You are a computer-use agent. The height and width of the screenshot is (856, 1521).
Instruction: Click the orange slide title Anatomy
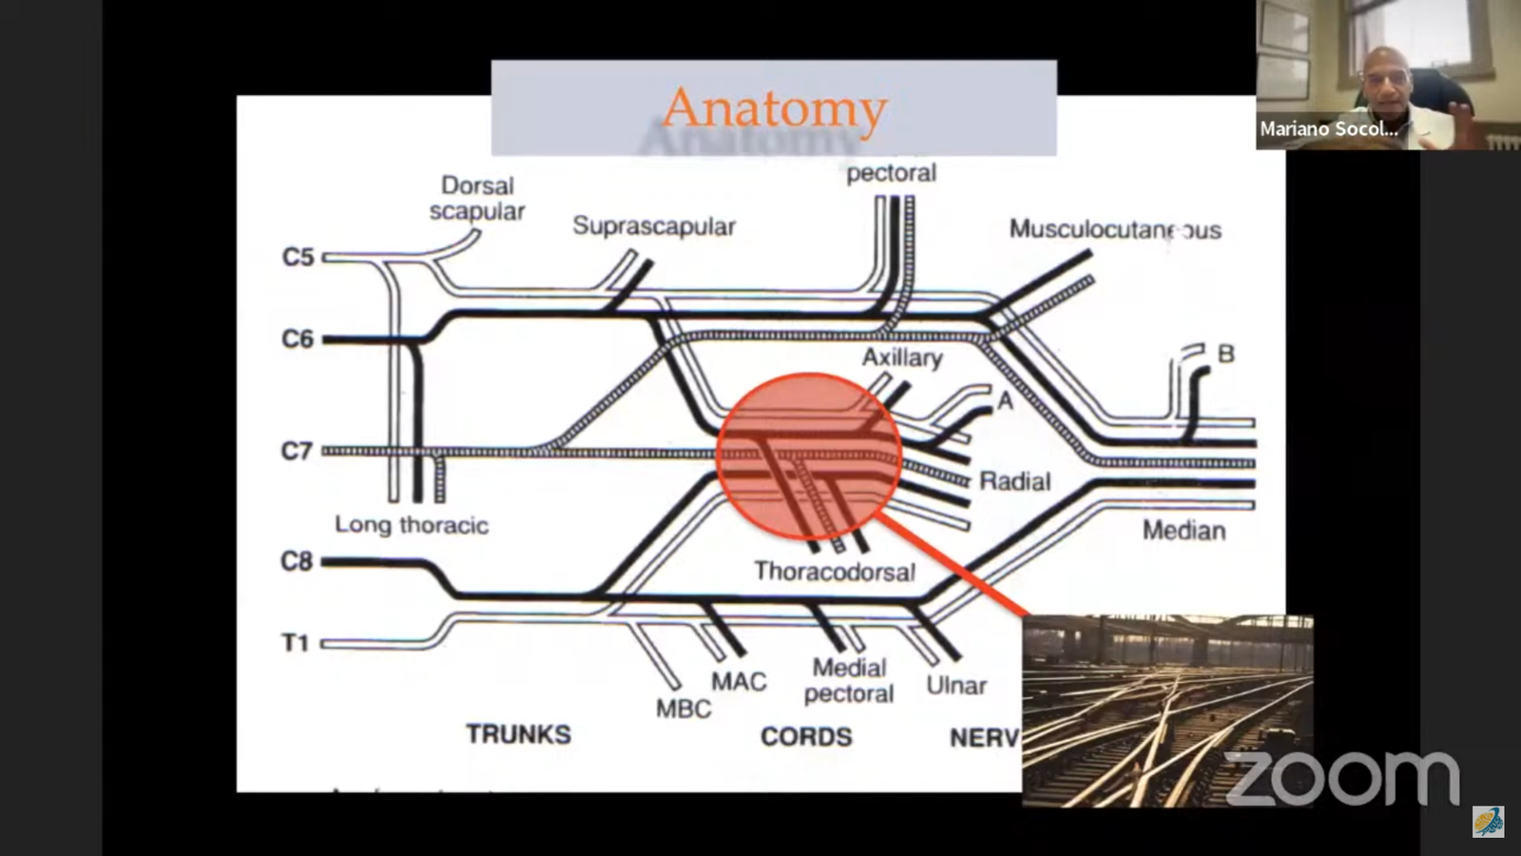click(774, 107)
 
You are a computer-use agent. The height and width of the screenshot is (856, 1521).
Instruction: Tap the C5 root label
click(298, 257)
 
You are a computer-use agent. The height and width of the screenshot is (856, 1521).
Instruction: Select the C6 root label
click(298, 339)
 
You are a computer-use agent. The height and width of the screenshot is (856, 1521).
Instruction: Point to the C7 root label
click(297, 450)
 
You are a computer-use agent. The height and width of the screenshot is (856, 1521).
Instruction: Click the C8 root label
click(297, 561)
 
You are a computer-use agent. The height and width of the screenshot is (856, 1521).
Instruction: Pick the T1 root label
click(296, 643)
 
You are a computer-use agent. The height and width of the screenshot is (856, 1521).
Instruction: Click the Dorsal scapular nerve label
click(477, 198)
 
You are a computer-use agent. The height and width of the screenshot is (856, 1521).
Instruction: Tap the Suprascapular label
click(654, 226)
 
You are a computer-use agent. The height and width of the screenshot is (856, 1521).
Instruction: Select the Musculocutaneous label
click(1115, 229)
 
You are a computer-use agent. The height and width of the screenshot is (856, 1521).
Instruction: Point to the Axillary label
click(902, 358)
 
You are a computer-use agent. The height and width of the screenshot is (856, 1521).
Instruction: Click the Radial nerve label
click(1015, 481)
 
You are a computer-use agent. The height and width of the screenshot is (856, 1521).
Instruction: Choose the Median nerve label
click(1184, 530)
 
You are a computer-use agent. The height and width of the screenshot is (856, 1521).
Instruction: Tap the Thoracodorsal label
click(835, 571)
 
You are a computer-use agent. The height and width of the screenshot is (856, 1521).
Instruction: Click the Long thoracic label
click(412, 524)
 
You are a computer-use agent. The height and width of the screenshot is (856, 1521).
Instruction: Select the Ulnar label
click(956, 685)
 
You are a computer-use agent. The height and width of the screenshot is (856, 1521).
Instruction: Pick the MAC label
click(739, 681)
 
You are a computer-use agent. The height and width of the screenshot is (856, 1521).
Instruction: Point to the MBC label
click(683, 709)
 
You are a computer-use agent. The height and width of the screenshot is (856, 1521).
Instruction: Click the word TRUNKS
click(518, 734)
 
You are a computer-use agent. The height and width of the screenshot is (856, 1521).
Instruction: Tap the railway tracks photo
click(1167, 710)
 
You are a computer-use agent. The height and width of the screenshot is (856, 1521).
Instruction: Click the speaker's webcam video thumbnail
click(1338, 74)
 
